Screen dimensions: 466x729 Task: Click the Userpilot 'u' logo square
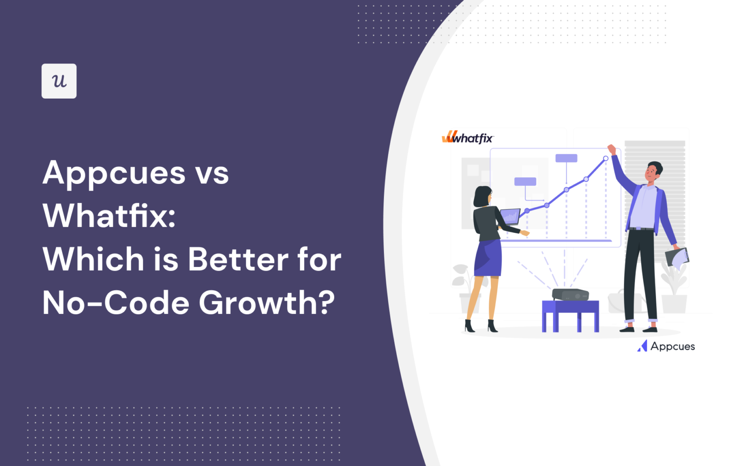59,81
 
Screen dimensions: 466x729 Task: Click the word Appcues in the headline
114,174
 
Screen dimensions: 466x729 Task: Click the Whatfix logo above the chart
468,138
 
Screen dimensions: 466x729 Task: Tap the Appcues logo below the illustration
666,347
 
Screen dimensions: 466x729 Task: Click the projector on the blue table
570,294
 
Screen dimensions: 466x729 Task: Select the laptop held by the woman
510,217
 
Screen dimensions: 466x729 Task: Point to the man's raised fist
611,149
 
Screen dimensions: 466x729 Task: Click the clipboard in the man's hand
677,257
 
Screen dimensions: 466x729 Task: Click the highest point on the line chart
606,158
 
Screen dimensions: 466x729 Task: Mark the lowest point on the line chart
527,211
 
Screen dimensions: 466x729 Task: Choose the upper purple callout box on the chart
566,158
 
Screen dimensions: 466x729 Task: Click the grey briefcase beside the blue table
622,302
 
